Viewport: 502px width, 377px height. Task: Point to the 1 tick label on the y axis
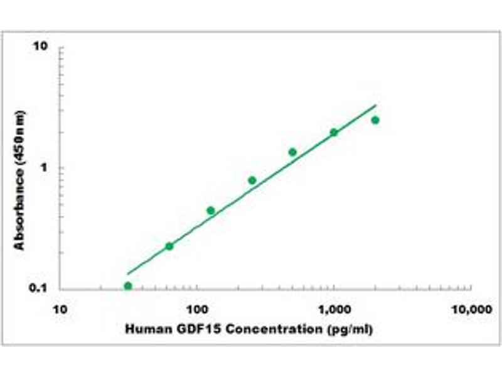[46, 168]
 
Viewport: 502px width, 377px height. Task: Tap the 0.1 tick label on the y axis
[40, 288]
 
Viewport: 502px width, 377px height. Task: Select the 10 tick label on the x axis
[60, 309]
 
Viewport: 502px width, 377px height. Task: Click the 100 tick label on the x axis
[197, 309]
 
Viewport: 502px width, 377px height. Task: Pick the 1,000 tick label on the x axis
[333, 309]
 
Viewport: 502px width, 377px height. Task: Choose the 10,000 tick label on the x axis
[471, 309]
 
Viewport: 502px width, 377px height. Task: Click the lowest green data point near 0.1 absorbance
[128, 286]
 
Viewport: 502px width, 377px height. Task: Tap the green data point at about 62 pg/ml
[169, 246]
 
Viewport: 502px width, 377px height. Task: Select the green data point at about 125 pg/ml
[211, 210]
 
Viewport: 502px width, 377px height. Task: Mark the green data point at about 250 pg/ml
[252, 180]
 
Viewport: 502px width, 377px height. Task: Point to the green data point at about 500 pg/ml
[292, 152]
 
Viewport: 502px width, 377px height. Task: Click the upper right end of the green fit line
[375, 106]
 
